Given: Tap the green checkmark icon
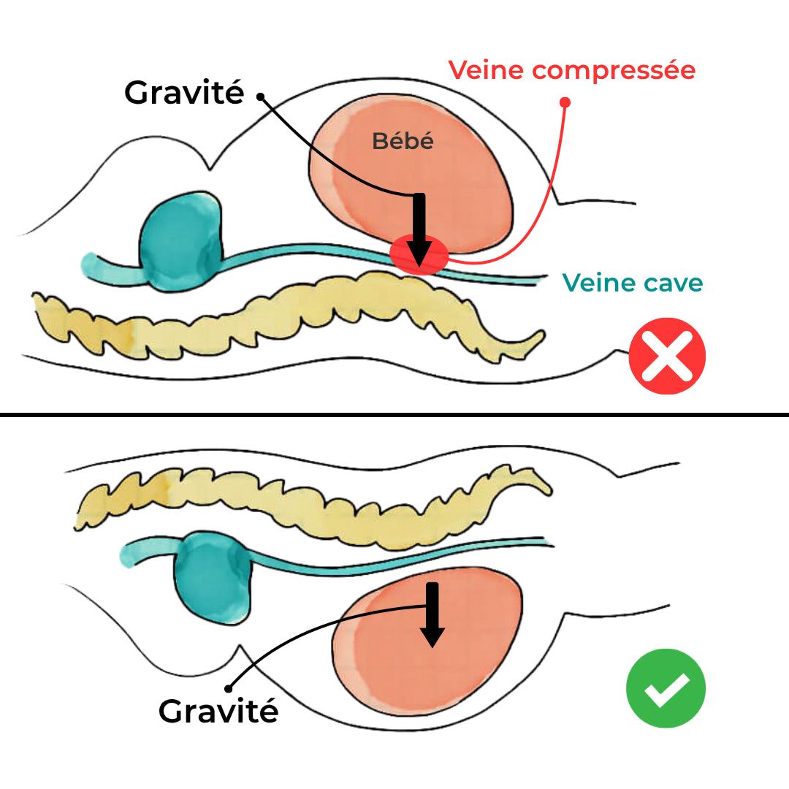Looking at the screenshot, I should pyautogui.click(x=666, y=688).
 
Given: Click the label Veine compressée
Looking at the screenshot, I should pyautogui.click(x=571, y=71).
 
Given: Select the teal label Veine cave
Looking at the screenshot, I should pyautogui.click(x=632, y=282).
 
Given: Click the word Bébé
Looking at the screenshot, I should pyautogui.click(x=403, y=141).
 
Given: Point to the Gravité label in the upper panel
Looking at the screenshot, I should pyautogui.click(x=184, y=93).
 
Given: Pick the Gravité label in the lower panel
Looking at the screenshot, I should pyautogui.click(x=218, y=711).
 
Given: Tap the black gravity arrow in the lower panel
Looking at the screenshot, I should pyautogui.click(x=432, y=614).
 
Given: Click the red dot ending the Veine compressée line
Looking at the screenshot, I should pyautogui.click(x=565, y=102).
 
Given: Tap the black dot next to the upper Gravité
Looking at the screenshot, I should pyautogui.click(x=259, y=96).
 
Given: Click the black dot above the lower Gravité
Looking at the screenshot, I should pyautogui.click(x=229, y=687).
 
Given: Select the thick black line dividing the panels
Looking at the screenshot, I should pyautogui.click(x=394, y=414).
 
